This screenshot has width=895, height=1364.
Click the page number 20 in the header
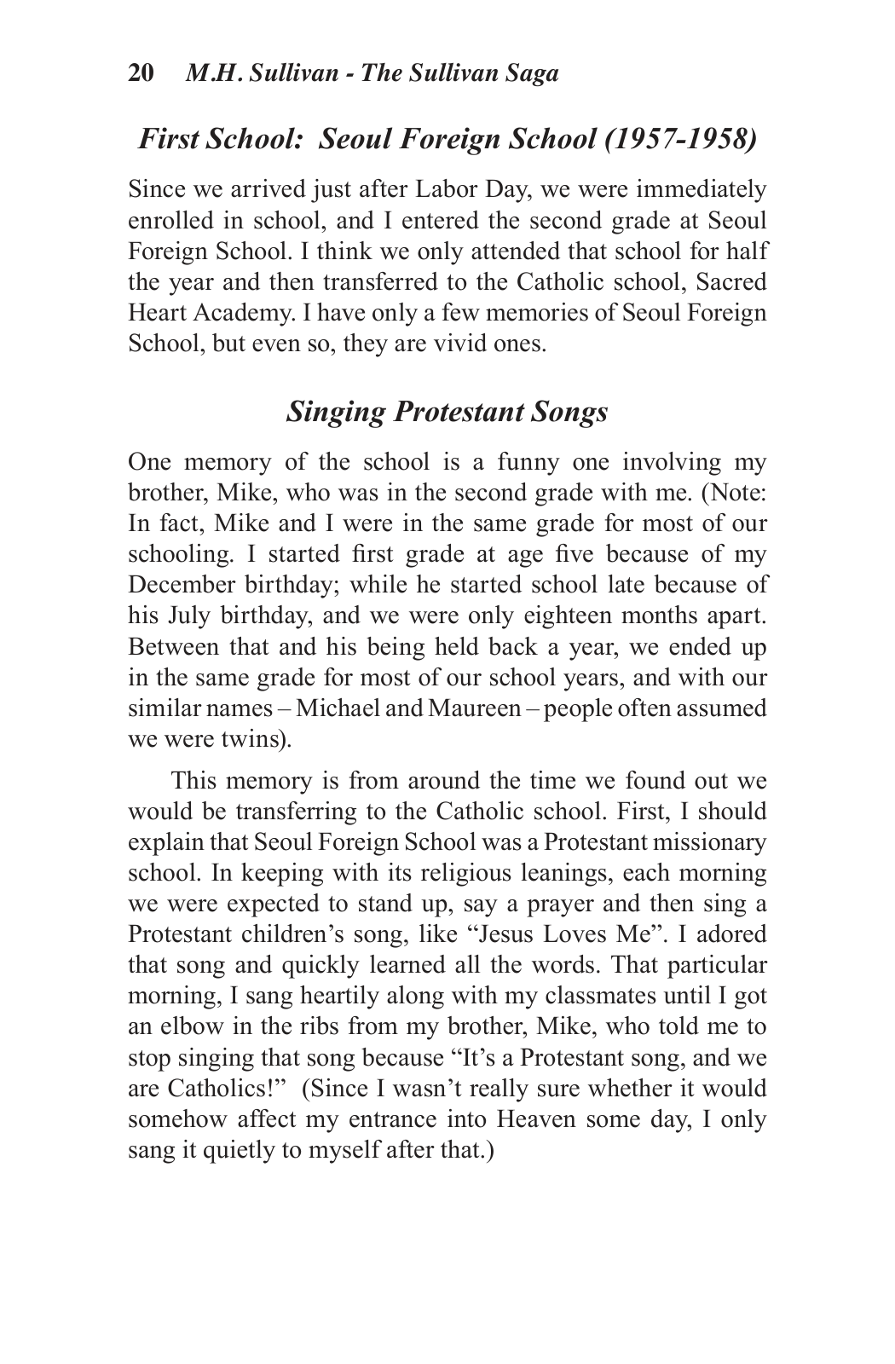point(141,73)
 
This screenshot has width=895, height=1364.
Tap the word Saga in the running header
point(529,73)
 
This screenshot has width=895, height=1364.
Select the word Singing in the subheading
point(336,412)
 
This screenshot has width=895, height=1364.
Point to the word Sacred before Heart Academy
point(731,282)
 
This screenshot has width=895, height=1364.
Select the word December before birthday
point(176,586)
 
